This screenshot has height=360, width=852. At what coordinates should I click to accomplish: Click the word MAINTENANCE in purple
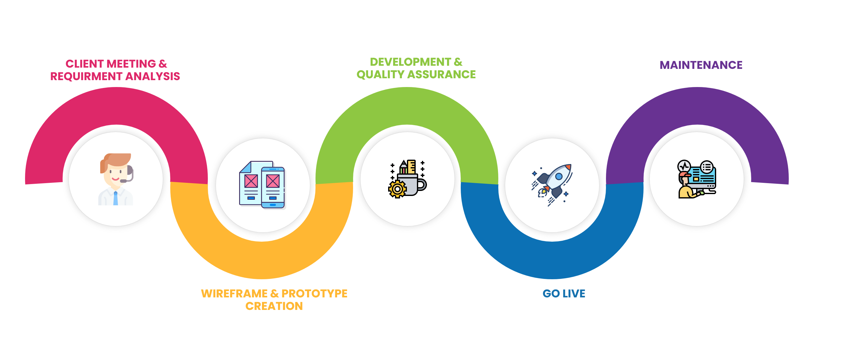coord(701,65)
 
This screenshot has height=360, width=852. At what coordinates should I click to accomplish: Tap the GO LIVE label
coord(564,294)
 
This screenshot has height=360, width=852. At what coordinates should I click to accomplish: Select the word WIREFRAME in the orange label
coord(234,294)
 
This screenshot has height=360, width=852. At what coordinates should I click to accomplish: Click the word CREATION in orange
coord(274,306)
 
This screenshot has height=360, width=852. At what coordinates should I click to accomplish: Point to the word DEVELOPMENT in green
coord(410,62)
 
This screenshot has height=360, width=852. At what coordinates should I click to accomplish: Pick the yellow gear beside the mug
coord(397,189)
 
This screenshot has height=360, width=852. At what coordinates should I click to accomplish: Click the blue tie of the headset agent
coord(115,198)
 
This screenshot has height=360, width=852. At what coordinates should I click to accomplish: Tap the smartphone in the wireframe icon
coord(273,187)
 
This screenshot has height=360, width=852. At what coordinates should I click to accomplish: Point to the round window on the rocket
coord(559,176)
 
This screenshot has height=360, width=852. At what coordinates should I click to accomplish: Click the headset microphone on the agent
coord(123,181)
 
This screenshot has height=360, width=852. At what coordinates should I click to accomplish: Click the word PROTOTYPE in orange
coord(314,294)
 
